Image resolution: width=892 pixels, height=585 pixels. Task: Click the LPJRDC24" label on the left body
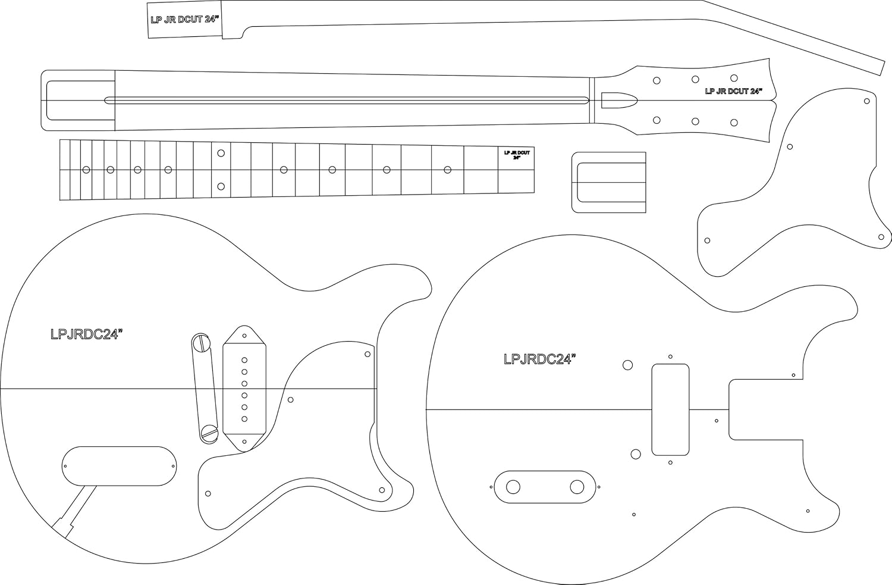click(x=87, y=334)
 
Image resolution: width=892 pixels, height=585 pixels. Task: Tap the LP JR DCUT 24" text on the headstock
click(x=733, y=92)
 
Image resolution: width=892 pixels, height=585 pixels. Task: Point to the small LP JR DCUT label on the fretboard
click(x=517, y=155)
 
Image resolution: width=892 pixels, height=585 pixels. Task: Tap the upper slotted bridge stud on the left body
click(x=200, y=343)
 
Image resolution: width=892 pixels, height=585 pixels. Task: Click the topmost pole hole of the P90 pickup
click(x=244, y=359)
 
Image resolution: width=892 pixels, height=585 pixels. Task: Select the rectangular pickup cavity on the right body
click(x=670, y=409)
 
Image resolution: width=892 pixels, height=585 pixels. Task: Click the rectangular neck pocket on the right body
click(x=766, y=409)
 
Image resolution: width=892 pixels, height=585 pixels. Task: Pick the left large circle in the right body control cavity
click(x=512, y=487)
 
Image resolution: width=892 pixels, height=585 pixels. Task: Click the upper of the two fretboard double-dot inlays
click(x=221, y=154)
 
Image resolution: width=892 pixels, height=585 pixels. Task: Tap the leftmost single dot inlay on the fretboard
click(x=86, y=170)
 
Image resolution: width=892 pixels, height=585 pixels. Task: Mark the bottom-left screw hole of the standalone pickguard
click(x=707, y=240)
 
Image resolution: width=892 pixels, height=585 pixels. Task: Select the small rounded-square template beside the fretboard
click(x=609, y=182)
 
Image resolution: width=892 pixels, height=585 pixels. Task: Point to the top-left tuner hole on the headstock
click(x=657, y=80)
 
